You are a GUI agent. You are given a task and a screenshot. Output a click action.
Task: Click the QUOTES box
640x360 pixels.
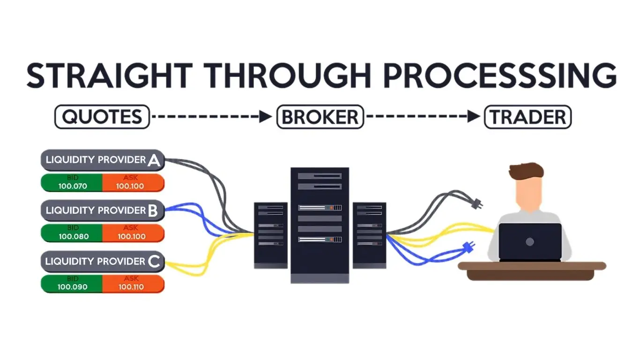(x=102, y=117)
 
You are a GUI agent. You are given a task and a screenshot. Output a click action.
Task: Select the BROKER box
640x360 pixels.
(x=320, y=117)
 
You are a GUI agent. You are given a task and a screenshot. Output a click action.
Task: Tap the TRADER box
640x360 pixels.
(x=528, y=117)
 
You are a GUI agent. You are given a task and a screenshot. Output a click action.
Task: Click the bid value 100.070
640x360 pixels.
(x=73, y=186)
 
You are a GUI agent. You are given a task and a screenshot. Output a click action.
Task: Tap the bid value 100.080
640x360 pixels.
(x=73, y=236)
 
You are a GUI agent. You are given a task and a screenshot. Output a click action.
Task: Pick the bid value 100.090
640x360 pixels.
(x=73, y=287)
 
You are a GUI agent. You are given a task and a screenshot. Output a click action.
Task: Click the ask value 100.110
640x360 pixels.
(x=131, y=287)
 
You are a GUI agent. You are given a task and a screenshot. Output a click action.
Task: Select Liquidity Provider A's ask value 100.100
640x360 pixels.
(x=131, y=186)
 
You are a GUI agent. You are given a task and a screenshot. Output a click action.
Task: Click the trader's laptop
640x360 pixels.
(x=530, y=242)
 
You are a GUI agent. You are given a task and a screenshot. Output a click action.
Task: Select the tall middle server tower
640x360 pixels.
(x=320, y=225)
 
